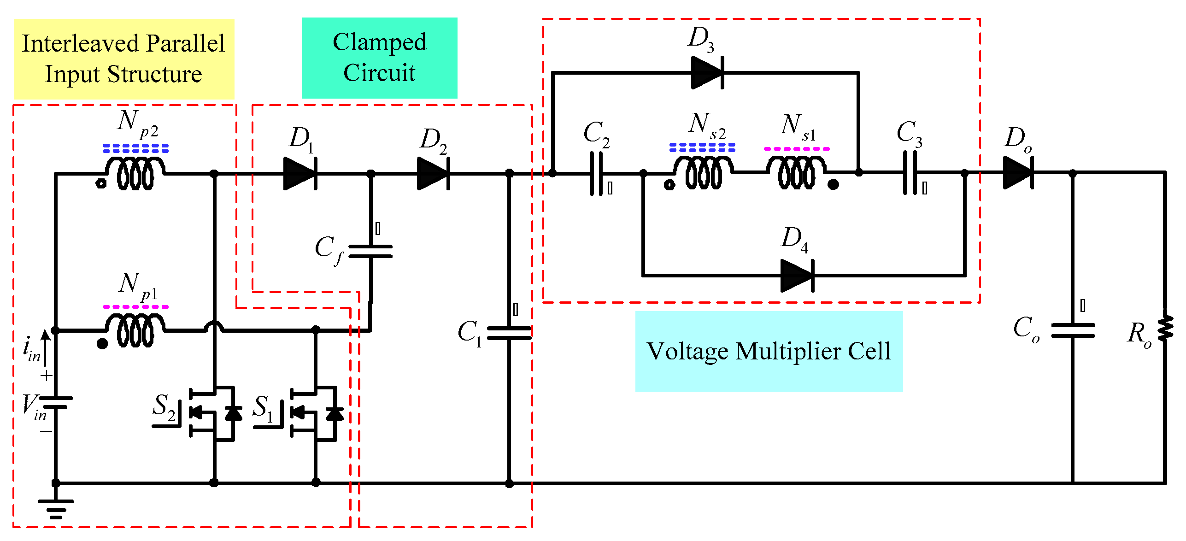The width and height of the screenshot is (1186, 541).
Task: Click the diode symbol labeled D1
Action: point(299,173)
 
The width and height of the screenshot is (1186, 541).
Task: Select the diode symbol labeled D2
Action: point(433,173)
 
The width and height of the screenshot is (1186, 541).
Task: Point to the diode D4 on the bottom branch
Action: point(798,276)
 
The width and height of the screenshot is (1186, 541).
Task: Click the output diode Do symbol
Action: point(1019,173)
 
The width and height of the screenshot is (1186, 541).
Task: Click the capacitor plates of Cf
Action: point(370,251)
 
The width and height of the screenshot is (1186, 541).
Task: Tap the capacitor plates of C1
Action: point(509,333)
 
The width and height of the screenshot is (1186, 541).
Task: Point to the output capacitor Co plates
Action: point(1073,330)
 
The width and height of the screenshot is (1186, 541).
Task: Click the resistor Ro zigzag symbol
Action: point(1166,328)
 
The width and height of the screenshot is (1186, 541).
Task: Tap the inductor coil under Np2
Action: point(135,173)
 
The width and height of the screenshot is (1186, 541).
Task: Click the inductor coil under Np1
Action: point(135,330)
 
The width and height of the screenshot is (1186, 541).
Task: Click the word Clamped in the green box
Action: point(379,42)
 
